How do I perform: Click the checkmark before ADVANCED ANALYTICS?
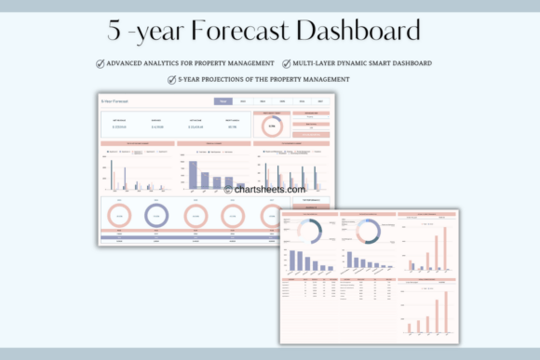pyautogui.click(x=101, y=63)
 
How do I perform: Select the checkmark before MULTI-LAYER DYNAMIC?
pyautogui.click(x=286, y=63)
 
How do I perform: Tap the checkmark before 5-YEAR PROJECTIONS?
pyautogui.click(x=171, y=79)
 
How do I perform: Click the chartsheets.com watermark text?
pyautogui.click(x=269, y=189)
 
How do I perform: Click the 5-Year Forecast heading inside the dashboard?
pyautogui.click(x=116, y=100)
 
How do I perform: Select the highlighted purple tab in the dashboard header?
pyautogui.click(x=224, y=100)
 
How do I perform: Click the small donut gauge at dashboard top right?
pyautogui.click(x=272, y=126)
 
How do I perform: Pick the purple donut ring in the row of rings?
pyautogui.click(x=155, y=216)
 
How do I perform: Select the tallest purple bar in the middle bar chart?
pyautogui.click(x=193, y=174)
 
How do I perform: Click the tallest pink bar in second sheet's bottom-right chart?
pyautogui.click(x=445, y=308)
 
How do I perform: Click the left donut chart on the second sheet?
pyautogui.click(x=308, y=232)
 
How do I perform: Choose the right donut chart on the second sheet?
pyautogui.click(x=367, y=232)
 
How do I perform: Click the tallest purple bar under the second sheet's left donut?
pyautogui.click(x=292, y=260)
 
